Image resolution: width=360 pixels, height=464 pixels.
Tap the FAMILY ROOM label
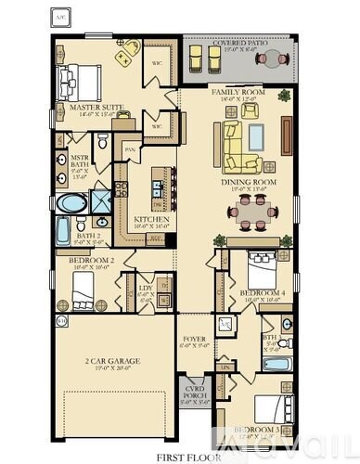238,93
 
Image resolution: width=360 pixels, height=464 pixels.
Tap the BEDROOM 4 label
261,293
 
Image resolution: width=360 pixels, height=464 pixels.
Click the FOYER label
194,339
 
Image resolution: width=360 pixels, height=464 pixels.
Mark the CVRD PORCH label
194,396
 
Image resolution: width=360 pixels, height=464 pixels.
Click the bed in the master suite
80,81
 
